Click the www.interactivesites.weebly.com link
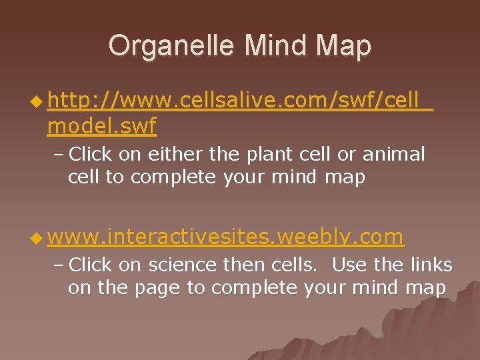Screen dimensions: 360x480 (226, 237)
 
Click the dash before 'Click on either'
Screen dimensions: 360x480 (58, 155)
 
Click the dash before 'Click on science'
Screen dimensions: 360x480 (58, 265)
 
